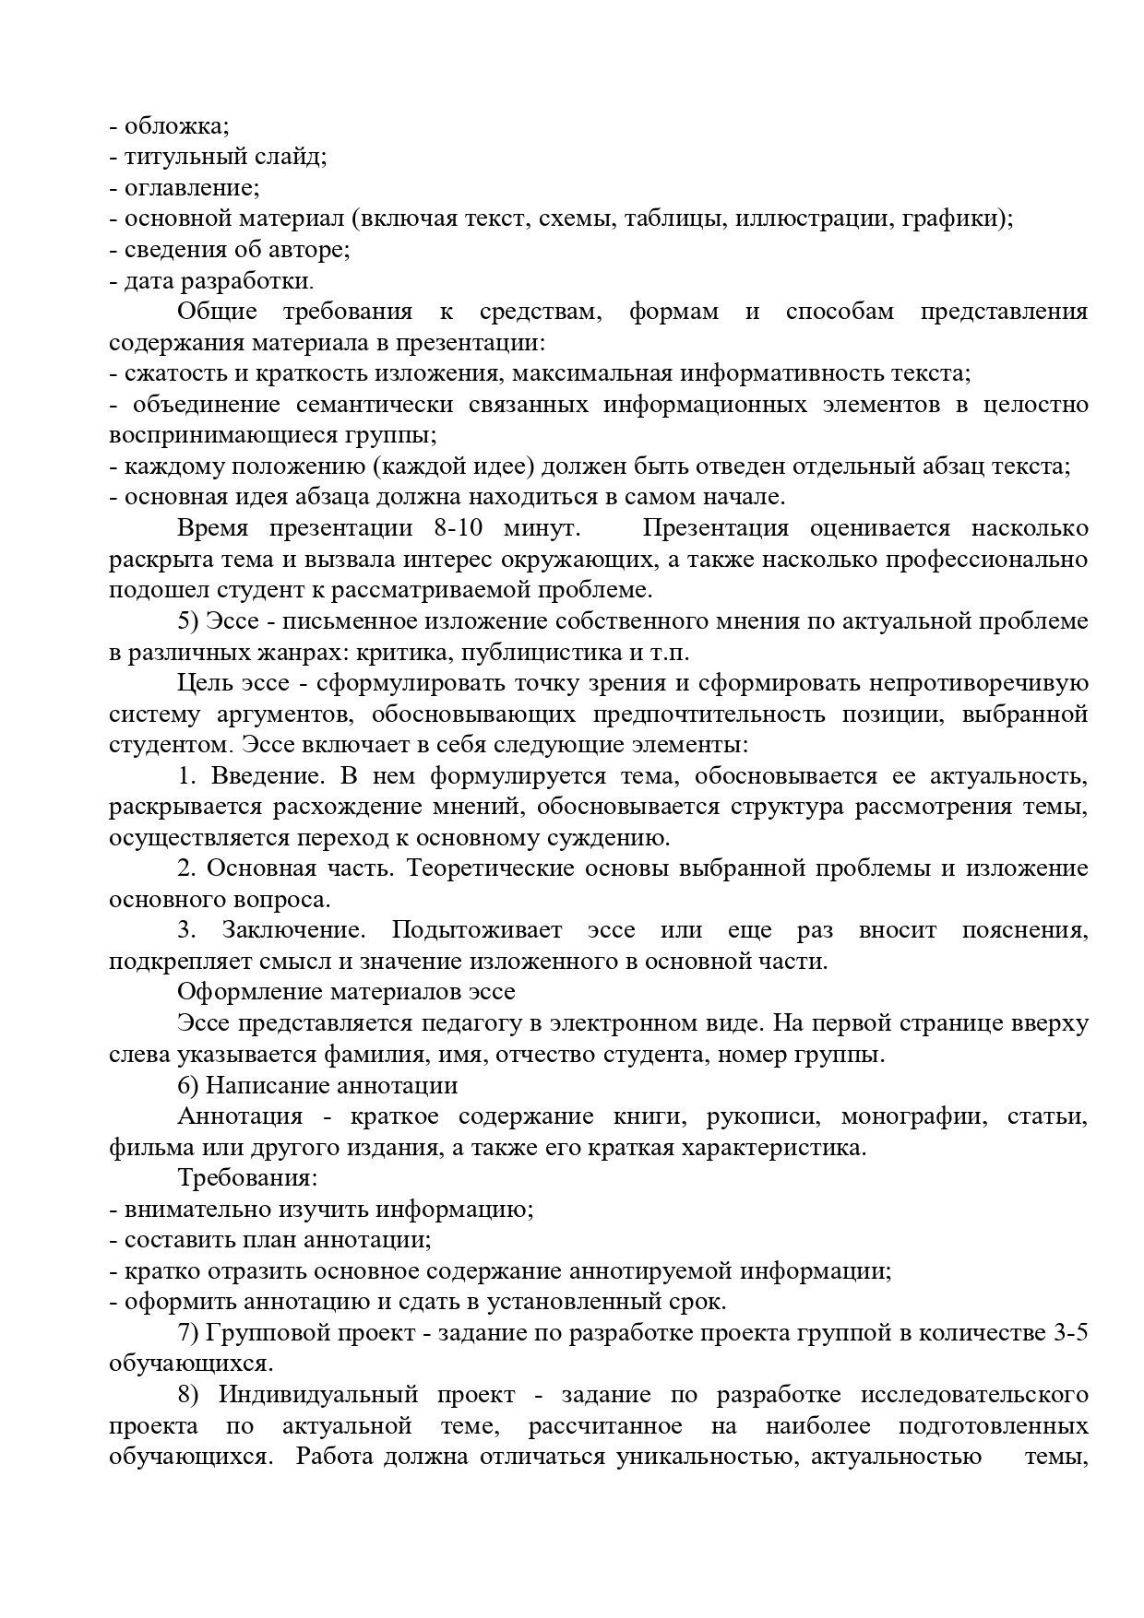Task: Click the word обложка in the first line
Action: [176, 125]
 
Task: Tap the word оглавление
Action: [191, 187]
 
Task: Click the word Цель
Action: [200, 683]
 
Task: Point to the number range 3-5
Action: [1069, 1333]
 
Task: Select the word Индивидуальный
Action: [318, 1395]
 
